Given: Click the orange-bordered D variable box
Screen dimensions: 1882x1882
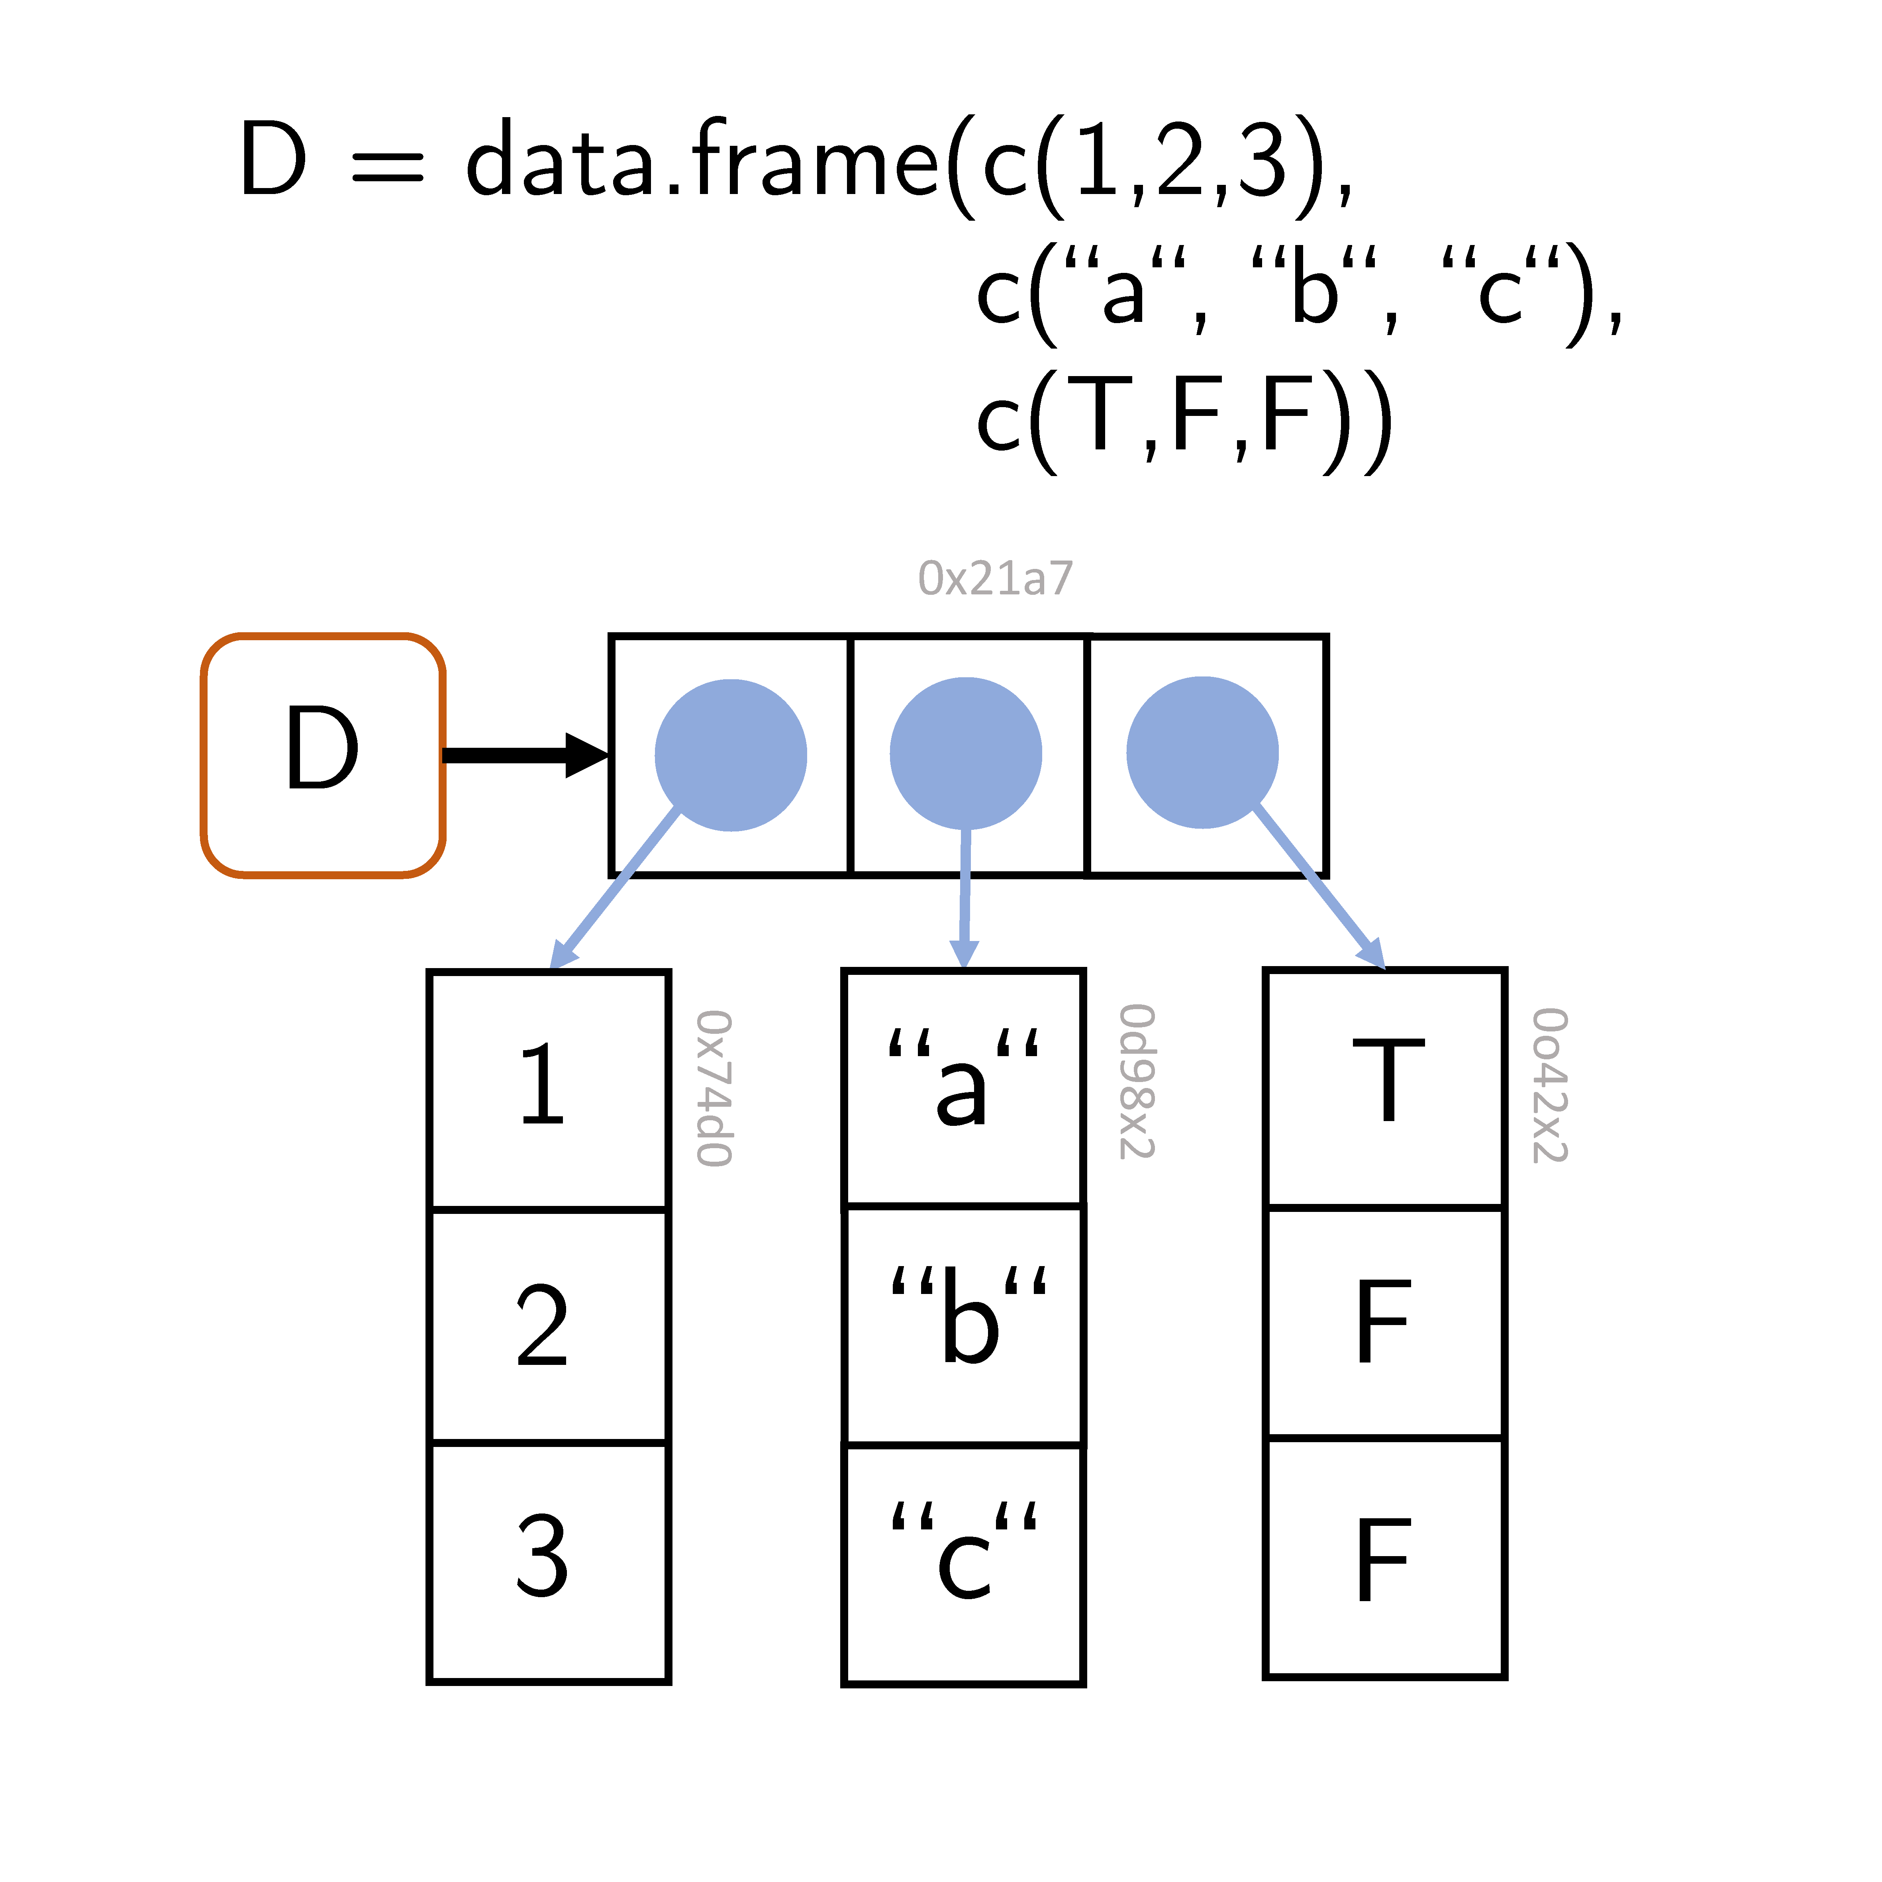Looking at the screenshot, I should tap(322, 756).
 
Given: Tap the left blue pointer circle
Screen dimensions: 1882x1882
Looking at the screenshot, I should tap(731, 755).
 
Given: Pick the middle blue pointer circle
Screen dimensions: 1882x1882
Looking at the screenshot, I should tap(965, 753).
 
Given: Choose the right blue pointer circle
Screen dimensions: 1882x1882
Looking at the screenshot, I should tap(1202, 753).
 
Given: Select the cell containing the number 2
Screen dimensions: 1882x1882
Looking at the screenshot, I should tap(549, 1325).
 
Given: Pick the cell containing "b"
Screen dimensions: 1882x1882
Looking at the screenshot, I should tap(963, 1325).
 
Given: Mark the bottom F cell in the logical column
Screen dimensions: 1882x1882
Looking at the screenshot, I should tap(1384, 1559).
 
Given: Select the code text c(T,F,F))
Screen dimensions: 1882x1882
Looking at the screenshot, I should tap(1184, 419).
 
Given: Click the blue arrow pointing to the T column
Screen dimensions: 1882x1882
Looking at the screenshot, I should tap(1320, 886).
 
